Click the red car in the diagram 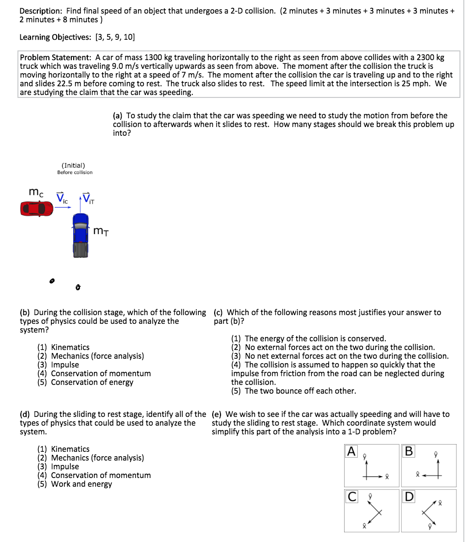(36, 208)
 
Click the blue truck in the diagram (80, 235)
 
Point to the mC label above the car (36, 192)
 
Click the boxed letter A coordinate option (352, 452)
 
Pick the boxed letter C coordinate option (352, 497)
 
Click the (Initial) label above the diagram (73, 165)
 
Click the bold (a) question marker (117, 115)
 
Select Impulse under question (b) (65, 365)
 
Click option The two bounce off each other (300, 391)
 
